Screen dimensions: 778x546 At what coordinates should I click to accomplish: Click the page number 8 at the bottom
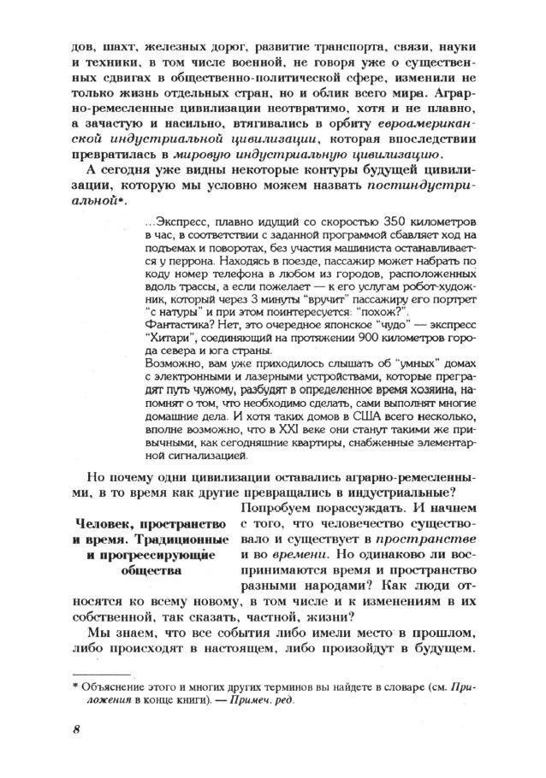[75, 729]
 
